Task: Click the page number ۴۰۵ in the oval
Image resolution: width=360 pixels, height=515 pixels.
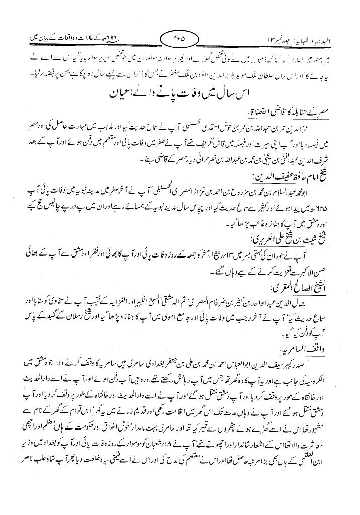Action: click(x=179, y=37)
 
